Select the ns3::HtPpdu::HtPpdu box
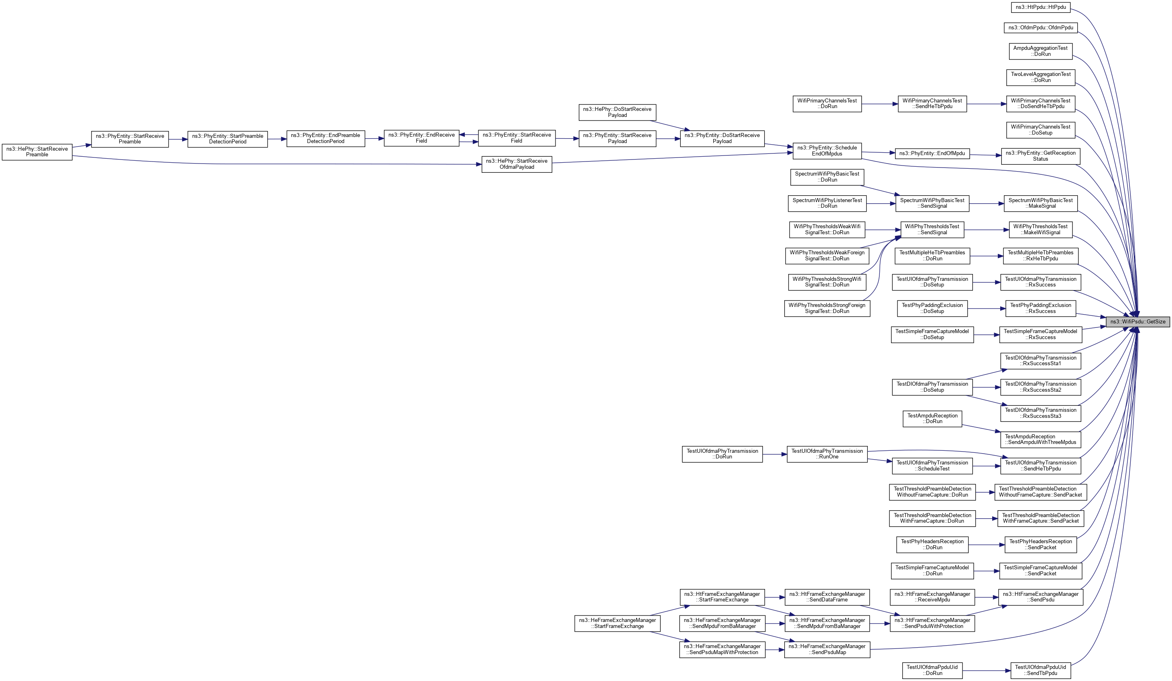click(x=1041, y=8)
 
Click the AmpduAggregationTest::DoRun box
click(x=1041, y=51)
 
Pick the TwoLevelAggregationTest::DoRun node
click(x=1041, y=77)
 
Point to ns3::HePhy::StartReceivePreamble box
click(x=37, y=152)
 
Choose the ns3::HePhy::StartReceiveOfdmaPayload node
click(x=517, y=164)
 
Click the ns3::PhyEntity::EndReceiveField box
click(x=421, y=138)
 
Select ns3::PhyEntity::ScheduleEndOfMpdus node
click(x=827, y=151)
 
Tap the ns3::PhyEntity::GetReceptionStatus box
click(x=1040, y=156)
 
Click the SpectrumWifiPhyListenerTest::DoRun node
click(x=827, y=203)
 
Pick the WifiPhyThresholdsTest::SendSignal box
click(x=932, y=229)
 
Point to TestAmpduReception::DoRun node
click(x=932, y=419)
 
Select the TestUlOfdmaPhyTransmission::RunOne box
click(x=827, y=454)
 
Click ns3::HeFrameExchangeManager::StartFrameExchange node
click(x=617, y=623)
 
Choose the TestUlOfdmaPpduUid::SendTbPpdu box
click(x=1040, y=670)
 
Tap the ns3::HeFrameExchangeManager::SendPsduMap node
click(x=827, y=649)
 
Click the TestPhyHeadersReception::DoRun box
click(x=932, y=545)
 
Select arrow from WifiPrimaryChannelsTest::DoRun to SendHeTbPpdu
click(x=879, y=104)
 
